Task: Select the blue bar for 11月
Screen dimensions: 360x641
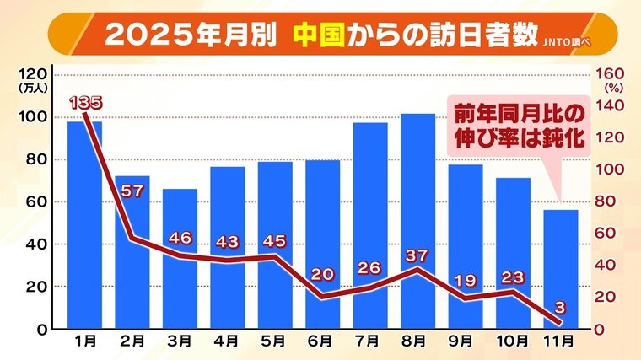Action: tap(561, 269)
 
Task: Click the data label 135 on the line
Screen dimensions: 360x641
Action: tap(86, 102)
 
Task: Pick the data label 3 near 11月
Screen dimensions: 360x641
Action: tap(559, 306)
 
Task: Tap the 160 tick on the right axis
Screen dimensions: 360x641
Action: tap(609, 73)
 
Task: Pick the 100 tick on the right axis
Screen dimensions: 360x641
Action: tap(609, 169)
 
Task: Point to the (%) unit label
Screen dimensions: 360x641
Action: tap(613, 86)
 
